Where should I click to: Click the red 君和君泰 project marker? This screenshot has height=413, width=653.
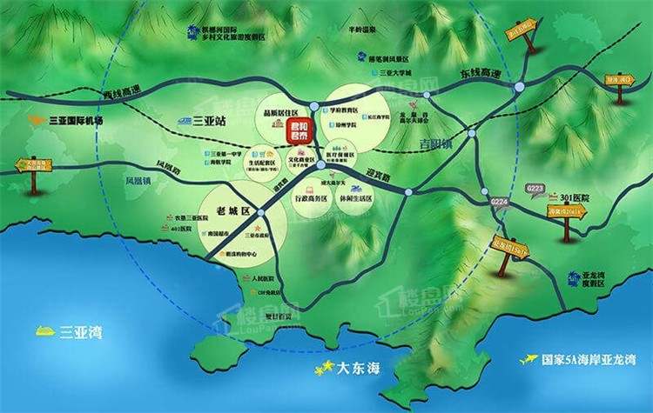(299, 132)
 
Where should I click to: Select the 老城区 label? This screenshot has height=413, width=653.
(233, 211)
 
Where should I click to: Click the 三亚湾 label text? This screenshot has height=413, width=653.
(81, 330)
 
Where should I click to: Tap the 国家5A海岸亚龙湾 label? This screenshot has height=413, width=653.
(588, 358)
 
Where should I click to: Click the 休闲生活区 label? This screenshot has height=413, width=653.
(362, 198)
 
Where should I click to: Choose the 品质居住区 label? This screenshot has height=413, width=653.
(281, 113)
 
